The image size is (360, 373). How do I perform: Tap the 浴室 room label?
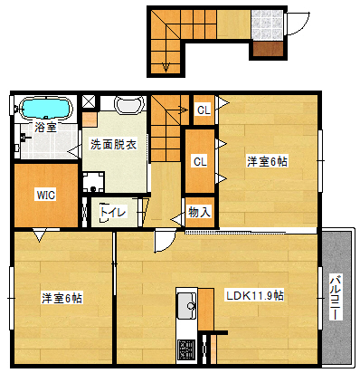tap(45, 128)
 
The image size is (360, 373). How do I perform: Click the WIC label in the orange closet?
tap(45, 194)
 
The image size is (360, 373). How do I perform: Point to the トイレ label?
tap(112, 213)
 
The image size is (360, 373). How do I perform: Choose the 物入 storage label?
tap(199, 213)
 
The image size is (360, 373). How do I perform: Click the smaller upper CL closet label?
tap(204, 110)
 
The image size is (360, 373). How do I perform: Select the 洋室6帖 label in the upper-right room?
tap(268, 161)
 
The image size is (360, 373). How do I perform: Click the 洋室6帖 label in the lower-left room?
tap(62, 297)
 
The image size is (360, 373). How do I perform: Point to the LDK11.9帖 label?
tap(255, 295)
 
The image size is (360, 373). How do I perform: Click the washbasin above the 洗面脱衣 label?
tap(128, 105)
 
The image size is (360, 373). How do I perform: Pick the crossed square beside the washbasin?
tap(90, 103)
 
